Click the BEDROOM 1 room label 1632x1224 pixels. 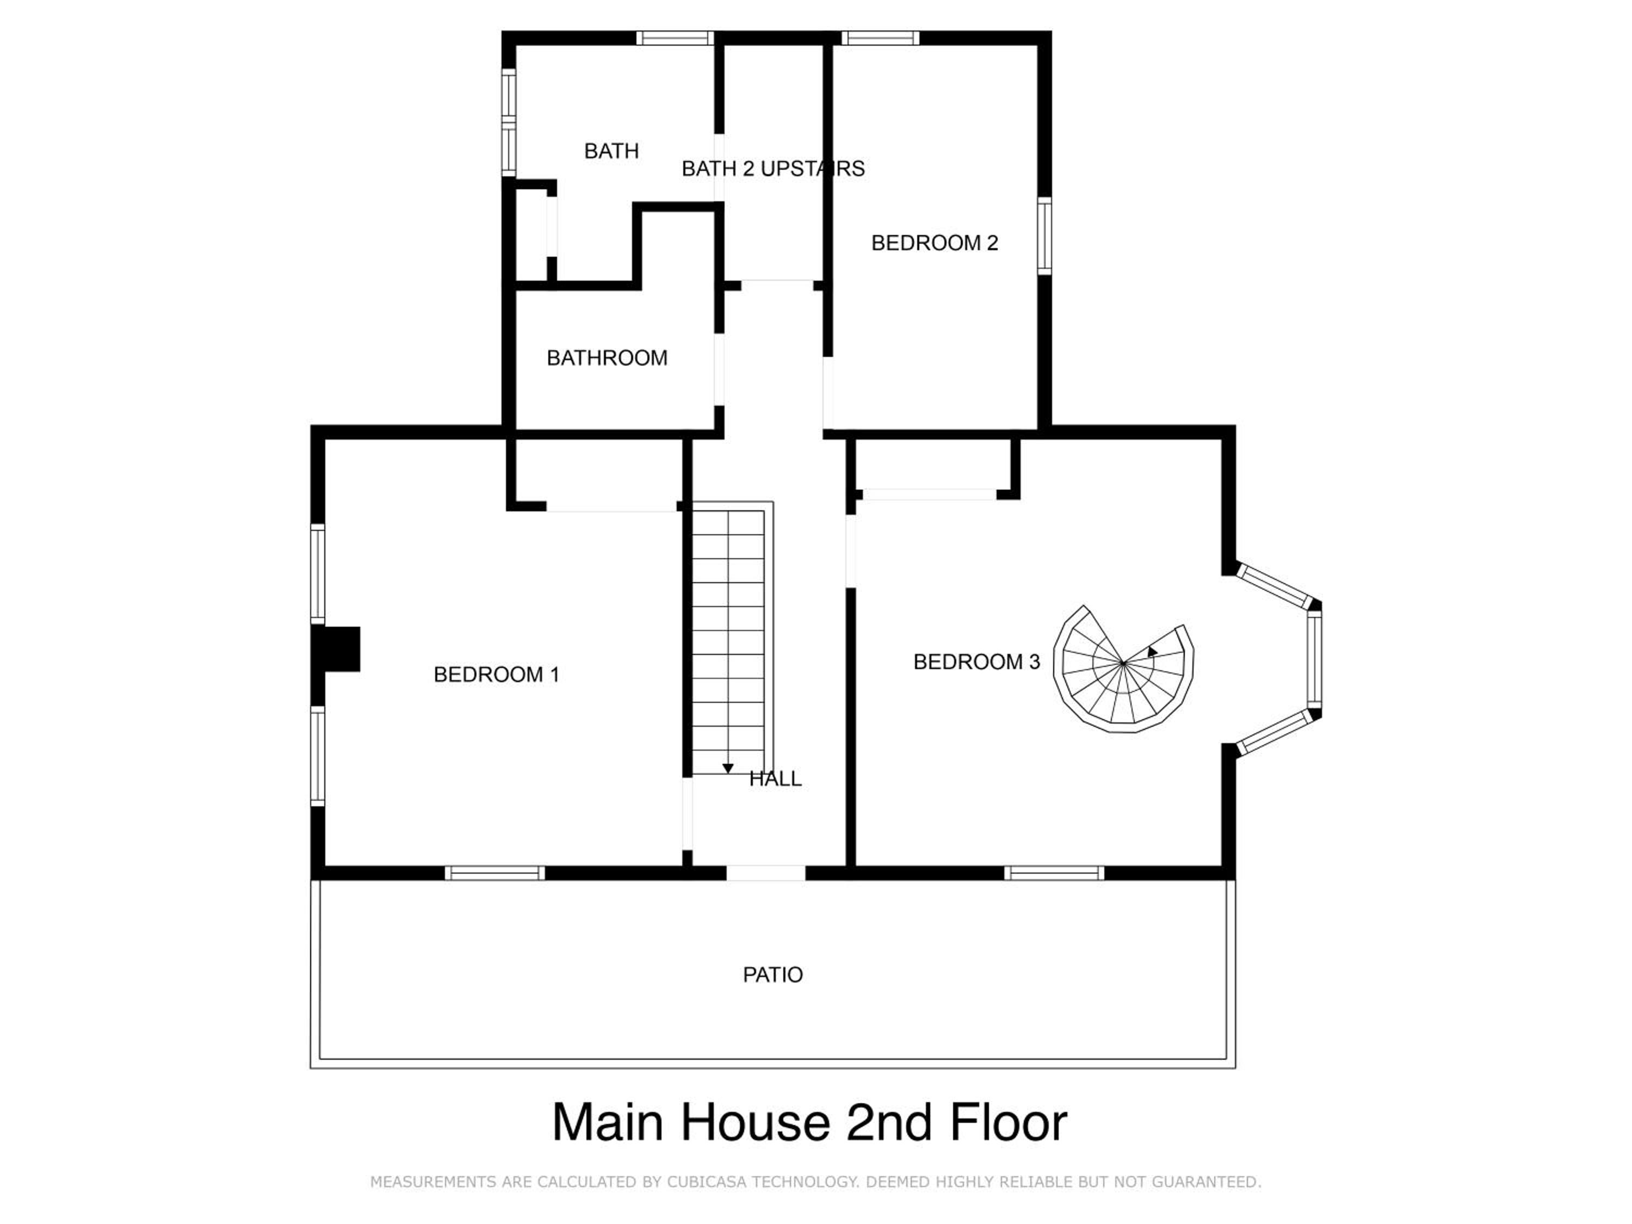pyautogui.click(x=497, y=675)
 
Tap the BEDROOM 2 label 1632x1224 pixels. pyautogui.click(x=934, y=243)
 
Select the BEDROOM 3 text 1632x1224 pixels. pyautogui.click(x=977, y=662)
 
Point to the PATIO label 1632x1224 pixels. pyautogui.click(x=772, y=975)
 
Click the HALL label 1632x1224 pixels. pyautogui.click(x=775, y=778)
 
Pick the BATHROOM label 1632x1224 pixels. pyautogui.click(x=607, y=358)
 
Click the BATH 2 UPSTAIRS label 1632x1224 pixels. pyautogui.click(x=773, y=169)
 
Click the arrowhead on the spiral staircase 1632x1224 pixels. pyautogui.click(x=1152, y=652)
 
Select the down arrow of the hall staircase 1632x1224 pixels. pyautogui.click(x=727, y=769)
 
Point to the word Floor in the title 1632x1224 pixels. pyautogui.click(x=1008, y=1122)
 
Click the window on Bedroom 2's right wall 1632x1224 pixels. pyautogui.click(x=1044, y=236)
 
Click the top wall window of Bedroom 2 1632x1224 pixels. pyautogui.click(x=880, y=38)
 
